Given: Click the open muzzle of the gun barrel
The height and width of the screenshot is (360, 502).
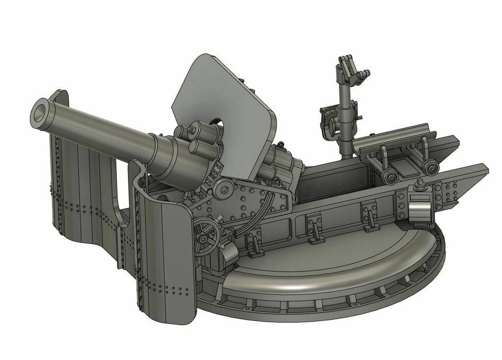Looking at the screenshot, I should click(x=41, y=111).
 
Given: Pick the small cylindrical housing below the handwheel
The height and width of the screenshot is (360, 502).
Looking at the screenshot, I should click(x=228, y=254).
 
